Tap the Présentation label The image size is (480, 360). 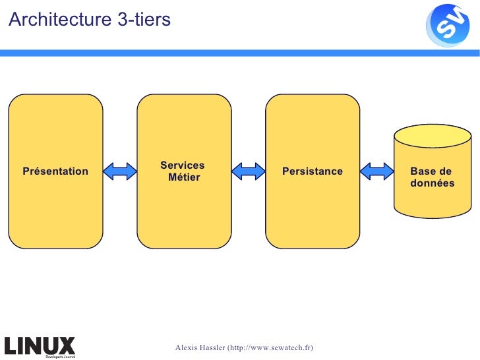point(55,171)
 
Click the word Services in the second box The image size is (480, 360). point(182,165)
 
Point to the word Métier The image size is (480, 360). point(184,177)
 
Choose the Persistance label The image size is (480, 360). point(313,171)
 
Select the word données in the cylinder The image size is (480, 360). point(432,183)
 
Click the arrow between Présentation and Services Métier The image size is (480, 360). point(120,171)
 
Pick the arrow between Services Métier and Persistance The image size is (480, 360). point(249,171)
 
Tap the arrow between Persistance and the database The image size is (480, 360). point(377,171)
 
